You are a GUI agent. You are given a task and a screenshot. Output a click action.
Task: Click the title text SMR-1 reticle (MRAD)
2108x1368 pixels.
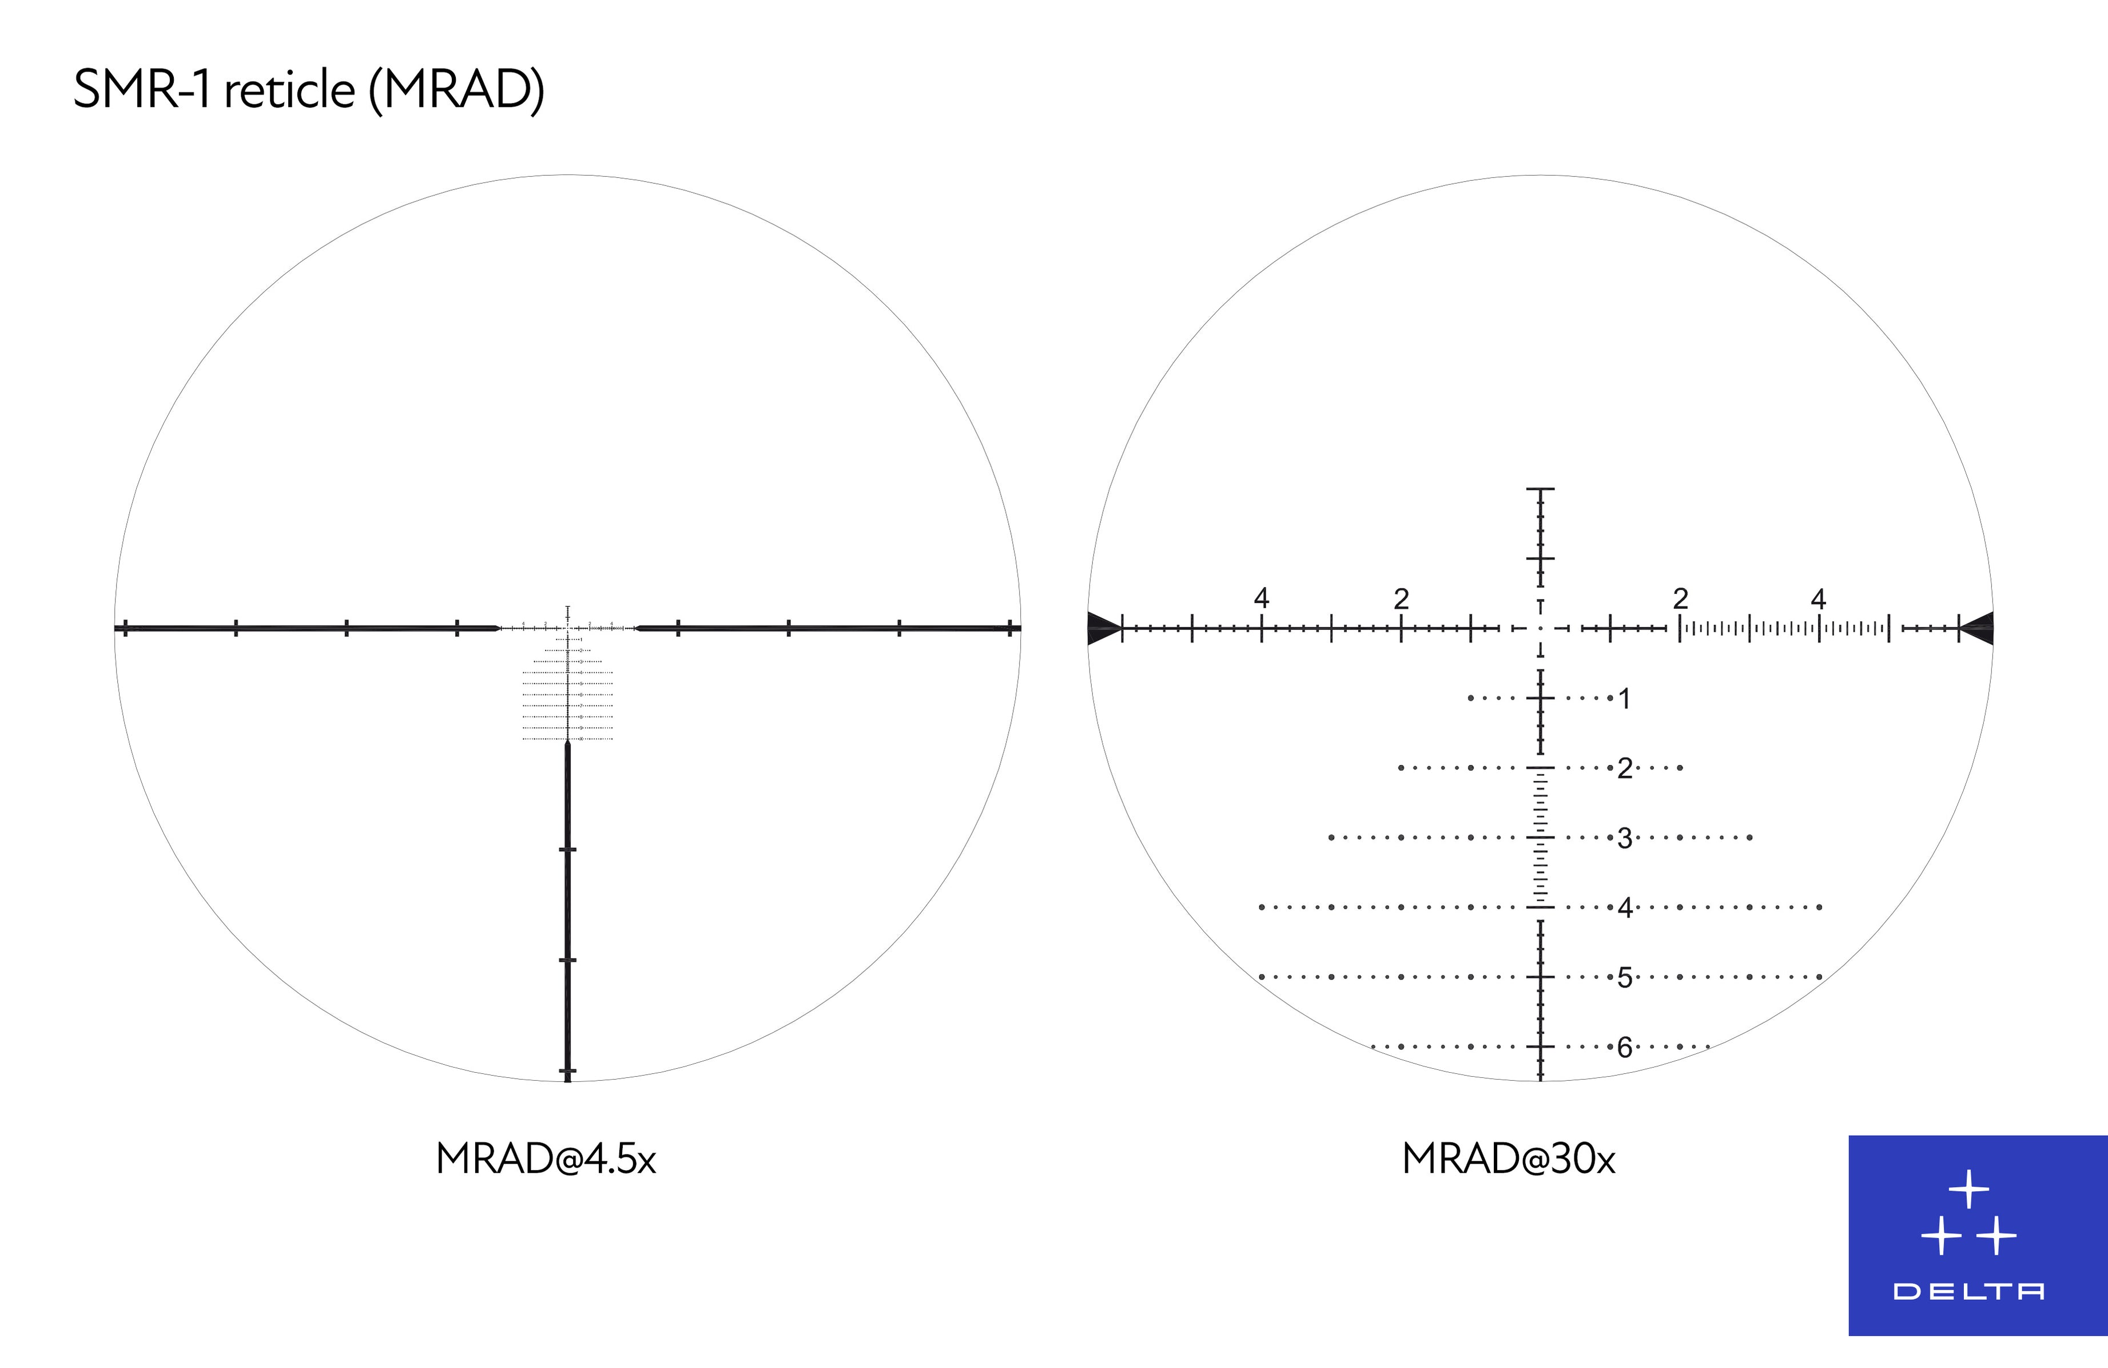(x=308, y=89)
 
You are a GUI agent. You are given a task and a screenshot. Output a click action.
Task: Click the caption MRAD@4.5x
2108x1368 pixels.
(x=546, y=1159)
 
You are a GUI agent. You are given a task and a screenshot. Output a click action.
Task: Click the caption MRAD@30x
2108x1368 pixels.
(x=1509, y=1159)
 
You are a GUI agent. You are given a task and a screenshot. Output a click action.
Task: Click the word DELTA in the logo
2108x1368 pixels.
(x=1968, y=1292)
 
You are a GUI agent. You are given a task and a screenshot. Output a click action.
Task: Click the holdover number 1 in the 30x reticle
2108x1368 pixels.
(x=1624, y=699)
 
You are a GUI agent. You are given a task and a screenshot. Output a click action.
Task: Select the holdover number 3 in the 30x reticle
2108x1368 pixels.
(x=1624, y=838)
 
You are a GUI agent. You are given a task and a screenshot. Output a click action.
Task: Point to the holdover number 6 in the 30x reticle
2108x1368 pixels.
(x=1624, y=1047)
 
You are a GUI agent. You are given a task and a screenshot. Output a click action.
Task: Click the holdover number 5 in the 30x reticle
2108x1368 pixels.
(x=1624, y=977)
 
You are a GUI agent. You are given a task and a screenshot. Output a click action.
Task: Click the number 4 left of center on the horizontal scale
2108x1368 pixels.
(x=1261, y=598)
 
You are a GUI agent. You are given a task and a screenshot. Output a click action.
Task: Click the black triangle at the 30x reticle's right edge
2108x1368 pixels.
(x=1979, y=628)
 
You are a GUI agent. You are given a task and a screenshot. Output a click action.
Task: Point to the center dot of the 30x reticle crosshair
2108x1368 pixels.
(x=1540, y=628)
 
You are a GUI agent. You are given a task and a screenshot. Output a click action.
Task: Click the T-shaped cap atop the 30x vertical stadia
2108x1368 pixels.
(x=1540, y=489)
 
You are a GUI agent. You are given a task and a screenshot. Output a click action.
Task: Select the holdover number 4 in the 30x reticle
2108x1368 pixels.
(x=1624, y=907)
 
